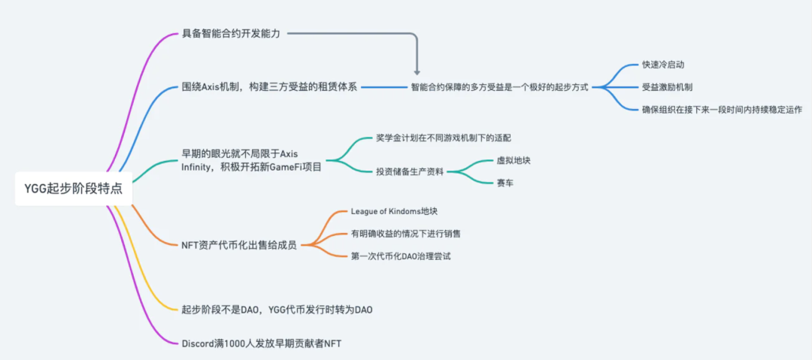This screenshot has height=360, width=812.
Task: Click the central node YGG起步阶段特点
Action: pyautogui.click(x=74, y=189)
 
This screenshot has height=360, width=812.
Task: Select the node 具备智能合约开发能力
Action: pyautogui.click(x=231, y=35)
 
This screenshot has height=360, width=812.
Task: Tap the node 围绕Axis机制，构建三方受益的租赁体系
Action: pyautogui.click(x=270, y=87)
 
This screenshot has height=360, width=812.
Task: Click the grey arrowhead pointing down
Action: pyautogui.click(x=417, y=73)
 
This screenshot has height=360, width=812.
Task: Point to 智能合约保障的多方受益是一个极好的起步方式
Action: pyautogui.click(x=500, y=87)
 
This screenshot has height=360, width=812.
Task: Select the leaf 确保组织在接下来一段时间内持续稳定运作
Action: pyautogui.click(x=722, y=109)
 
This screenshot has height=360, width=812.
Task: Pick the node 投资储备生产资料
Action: pyautogui.click(x=411, y=172)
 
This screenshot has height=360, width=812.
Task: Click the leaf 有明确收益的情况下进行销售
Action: pyautogui.click(x=405, y=234)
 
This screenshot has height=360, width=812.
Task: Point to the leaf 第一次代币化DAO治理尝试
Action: pyautogui.click(x=401, y=256)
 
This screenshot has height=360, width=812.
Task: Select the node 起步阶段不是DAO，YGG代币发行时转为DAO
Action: pyautogui.click(x=277, y=310)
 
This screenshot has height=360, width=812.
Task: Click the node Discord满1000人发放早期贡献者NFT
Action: pyautogui.click(x=262, y=343)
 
